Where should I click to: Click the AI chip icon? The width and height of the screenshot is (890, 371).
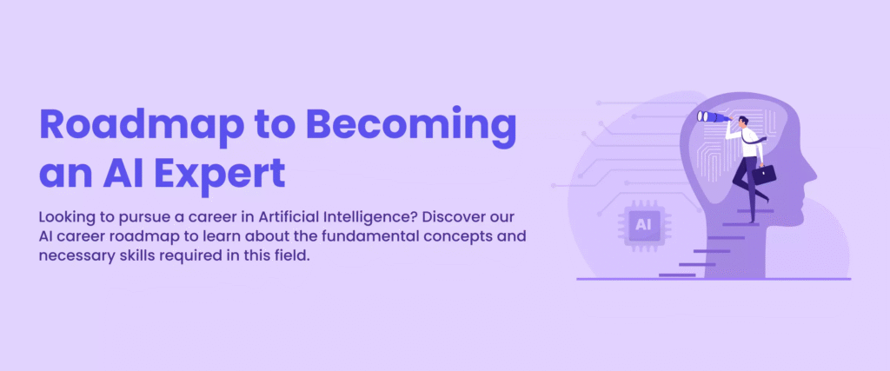click(x=643, y=225)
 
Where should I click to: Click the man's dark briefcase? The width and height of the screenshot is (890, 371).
click(x=763, y=175)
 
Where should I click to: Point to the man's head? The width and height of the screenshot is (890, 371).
click(x=744, y=122)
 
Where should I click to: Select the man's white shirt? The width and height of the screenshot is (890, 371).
click(x=749, y=142)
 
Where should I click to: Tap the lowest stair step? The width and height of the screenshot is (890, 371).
click(x=677, y=275)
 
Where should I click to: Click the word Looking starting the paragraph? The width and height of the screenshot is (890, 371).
click(x=62, y=219)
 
